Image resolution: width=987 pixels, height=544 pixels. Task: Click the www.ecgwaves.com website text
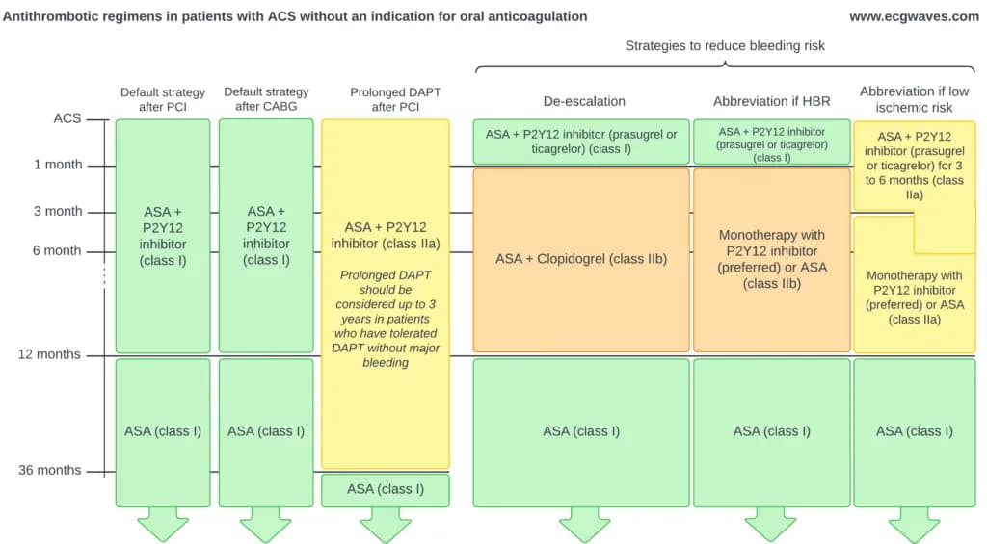pyautogui.click(x=914, y=17)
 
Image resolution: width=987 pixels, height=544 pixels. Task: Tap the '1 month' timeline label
pyautogui.click(x=58, y=165)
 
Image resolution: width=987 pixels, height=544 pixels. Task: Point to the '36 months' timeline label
pyautogui.click(x=50, y=470)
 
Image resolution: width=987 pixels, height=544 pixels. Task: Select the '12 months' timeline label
pyautogui.click(x=49, y=354)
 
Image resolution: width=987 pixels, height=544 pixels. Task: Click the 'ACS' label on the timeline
pyautogui.click(x=67, y=118)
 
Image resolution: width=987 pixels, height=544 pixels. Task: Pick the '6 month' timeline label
pyautogui.click(x=57, y=250)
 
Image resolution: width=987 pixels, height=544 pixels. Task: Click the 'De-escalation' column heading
pyautogui.click(x=584, y=101)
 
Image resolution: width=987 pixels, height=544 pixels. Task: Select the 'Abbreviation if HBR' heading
pyautogui.click(x=772, y=101)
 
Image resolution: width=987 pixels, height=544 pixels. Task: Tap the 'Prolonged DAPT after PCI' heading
pyautogui.click(x=395, y=99)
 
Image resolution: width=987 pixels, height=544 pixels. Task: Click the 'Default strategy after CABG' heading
pyautogui.click(x=266, y=99)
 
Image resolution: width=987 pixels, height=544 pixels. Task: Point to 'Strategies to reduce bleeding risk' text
pyautogui.click(x=725, y=46)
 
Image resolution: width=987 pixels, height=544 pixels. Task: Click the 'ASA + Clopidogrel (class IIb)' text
pyautogui.click(x=581, y=258)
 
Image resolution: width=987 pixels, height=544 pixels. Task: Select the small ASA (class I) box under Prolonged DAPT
pyautogui.click(x=386, y=490)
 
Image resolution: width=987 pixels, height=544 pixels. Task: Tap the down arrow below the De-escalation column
pyautogui.click(x=584, y=523)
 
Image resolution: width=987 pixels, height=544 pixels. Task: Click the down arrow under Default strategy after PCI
pyautogui.click(x=162, y=523)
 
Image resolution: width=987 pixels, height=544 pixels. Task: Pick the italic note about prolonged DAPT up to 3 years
pyautogui.click(x=386, y=319)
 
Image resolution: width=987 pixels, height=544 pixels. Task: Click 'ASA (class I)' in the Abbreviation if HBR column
pyautogui.click(x=772, y=431)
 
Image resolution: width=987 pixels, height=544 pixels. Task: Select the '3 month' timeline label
pyautogui.click(x=58, y=211)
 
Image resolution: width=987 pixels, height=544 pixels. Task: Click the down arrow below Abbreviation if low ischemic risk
pyautogui.click(x=914, y=523)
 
